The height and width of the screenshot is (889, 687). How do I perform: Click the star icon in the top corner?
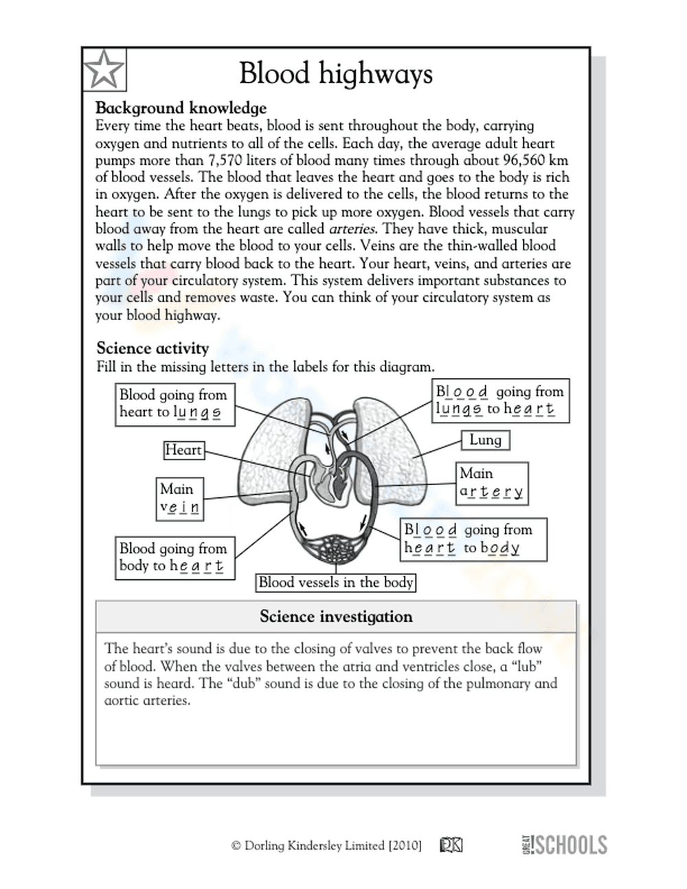[x=104, y=69]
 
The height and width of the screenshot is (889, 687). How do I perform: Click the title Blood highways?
[x=336, y=73]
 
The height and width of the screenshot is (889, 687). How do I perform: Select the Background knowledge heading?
[x=181, y=108]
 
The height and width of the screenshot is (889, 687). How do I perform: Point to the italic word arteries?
[x=352, y=229]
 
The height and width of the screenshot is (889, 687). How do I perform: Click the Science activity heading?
[x=153, y=348]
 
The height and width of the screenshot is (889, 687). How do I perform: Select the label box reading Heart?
[x=183, y=450]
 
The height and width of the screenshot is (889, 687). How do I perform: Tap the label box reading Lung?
[x=485, y=440]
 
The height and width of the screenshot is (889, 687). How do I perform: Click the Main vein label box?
[x=180, y=499]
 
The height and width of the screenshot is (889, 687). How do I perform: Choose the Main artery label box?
[x=492, y=483]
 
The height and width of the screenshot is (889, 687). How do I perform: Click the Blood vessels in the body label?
[x=336, y=583]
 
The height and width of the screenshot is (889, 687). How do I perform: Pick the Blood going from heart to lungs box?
[x=174, y=404]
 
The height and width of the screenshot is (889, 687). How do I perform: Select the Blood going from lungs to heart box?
[x=499, y=401]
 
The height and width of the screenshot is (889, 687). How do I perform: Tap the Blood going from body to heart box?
[x=174, y=557]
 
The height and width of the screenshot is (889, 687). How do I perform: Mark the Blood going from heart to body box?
[x=473, y=539]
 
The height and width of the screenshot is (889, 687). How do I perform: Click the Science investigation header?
[x=336, y=616]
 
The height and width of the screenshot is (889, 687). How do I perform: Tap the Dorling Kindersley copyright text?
[x=326, y=846]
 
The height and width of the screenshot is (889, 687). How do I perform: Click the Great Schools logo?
[x=564, y=844]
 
